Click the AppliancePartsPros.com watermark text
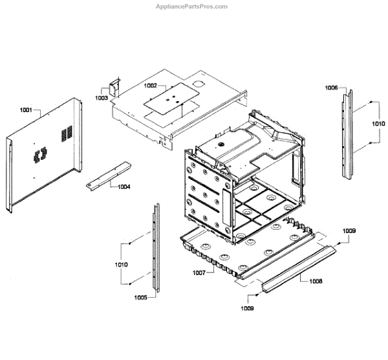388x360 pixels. click(x=192, y=7)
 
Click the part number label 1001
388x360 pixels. click(x=26, y=110)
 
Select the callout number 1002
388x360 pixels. click(x=150, y=85)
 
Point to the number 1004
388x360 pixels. click(x=124, y=186)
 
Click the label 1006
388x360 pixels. click(x=331, y=87)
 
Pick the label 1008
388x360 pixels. click(x=316, y=281)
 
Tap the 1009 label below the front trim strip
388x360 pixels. click(x=248, y=308)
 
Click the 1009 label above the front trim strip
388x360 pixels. click(x=349, y=231)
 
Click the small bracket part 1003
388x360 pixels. click(x=114, y=87)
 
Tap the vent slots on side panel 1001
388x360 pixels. click(x=65, y=135)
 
